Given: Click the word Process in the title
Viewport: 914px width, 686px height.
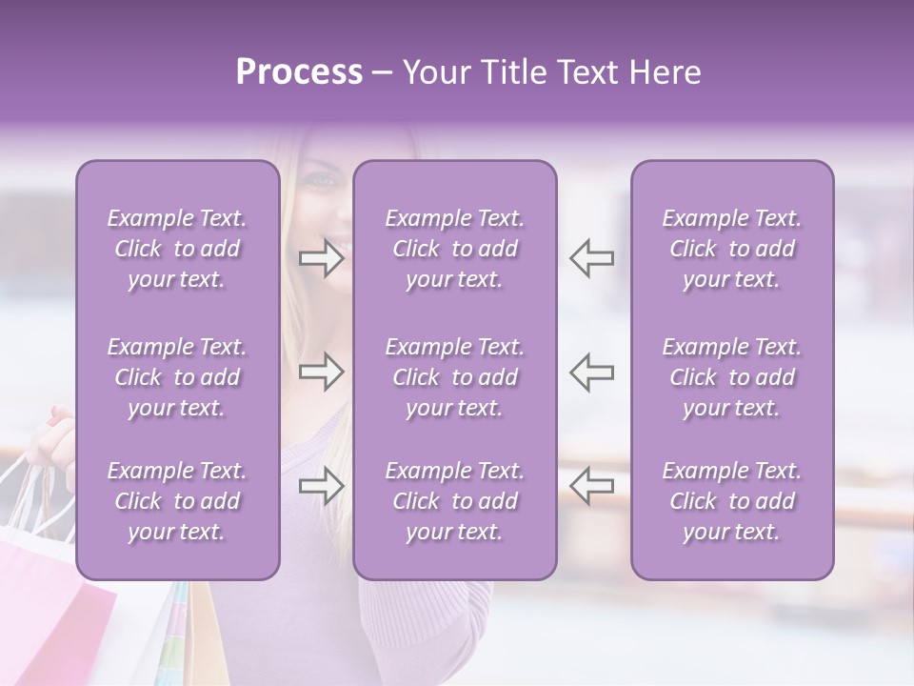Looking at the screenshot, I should [299, 72].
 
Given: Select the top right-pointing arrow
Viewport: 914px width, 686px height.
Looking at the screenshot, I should [322, 258].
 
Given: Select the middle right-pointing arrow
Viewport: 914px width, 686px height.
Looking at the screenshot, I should [322, 372].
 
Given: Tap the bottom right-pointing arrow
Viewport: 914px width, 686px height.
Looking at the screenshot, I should [322, 487].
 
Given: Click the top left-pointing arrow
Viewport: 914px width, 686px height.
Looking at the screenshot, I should [591, 258].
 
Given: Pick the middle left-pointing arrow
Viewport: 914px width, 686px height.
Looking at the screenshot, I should [591, 372].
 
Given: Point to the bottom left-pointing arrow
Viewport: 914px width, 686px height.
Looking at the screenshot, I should [591, 487].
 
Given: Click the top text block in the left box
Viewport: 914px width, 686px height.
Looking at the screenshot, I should [177, 249].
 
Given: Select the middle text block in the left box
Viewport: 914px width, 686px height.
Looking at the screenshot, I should [177, 377].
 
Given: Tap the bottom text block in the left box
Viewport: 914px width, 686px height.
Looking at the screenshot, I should [177, 501].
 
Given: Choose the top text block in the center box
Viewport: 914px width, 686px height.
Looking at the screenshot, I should [454, 249].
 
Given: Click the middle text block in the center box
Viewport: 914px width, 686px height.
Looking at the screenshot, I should [454, 377].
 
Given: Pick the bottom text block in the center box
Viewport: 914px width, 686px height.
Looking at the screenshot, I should [454, 501].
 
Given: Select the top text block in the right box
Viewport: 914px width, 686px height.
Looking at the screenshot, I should [731, 249].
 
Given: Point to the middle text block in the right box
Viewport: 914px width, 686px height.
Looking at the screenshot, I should [731, 377].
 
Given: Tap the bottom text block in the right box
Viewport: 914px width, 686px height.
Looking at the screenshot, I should [731, 501].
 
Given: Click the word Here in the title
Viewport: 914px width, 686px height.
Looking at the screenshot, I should [666, 72].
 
